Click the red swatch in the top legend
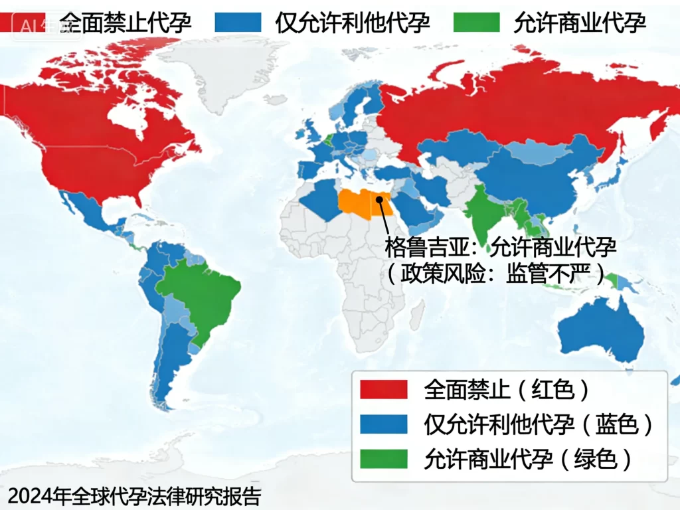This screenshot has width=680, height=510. point(23,22)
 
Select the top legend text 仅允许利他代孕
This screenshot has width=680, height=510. point(353,23)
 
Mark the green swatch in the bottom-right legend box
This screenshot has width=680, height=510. point(383,459)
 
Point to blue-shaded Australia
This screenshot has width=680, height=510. point(601,329)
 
